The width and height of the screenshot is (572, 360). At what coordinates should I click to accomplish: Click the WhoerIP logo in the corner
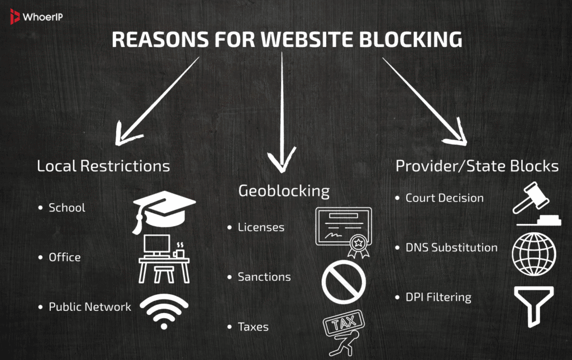(35, 17)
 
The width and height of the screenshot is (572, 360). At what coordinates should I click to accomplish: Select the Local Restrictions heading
(103, 166)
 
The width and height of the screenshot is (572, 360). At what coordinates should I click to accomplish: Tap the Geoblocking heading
(284, 191)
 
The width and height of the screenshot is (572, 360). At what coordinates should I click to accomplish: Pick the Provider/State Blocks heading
(476, 166)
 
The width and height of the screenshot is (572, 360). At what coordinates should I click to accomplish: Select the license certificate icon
(340, 232)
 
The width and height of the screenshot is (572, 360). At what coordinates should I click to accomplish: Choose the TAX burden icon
(341, 333)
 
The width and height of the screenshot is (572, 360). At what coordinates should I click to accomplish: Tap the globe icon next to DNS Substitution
(534, 253)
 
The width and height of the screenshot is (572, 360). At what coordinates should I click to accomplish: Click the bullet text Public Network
(89, 307)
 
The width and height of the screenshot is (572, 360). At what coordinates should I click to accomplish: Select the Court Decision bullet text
(444, 198)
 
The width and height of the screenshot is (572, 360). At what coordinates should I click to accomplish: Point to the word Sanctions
(264, 277)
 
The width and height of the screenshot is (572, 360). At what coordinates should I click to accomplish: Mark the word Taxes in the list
(253, 327)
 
